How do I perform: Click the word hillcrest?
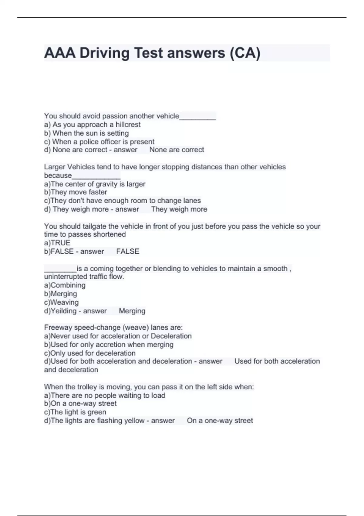[x=128, y=124]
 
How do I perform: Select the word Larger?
[x=55, y=167]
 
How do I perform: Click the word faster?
[x=98, y=192]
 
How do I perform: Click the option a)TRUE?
[x=57, y=243]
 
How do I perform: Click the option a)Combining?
[x=65, y=285]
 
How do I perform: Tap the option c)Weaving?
[x=62, y=302]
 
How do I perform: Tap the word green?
[x=97, y=412]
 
